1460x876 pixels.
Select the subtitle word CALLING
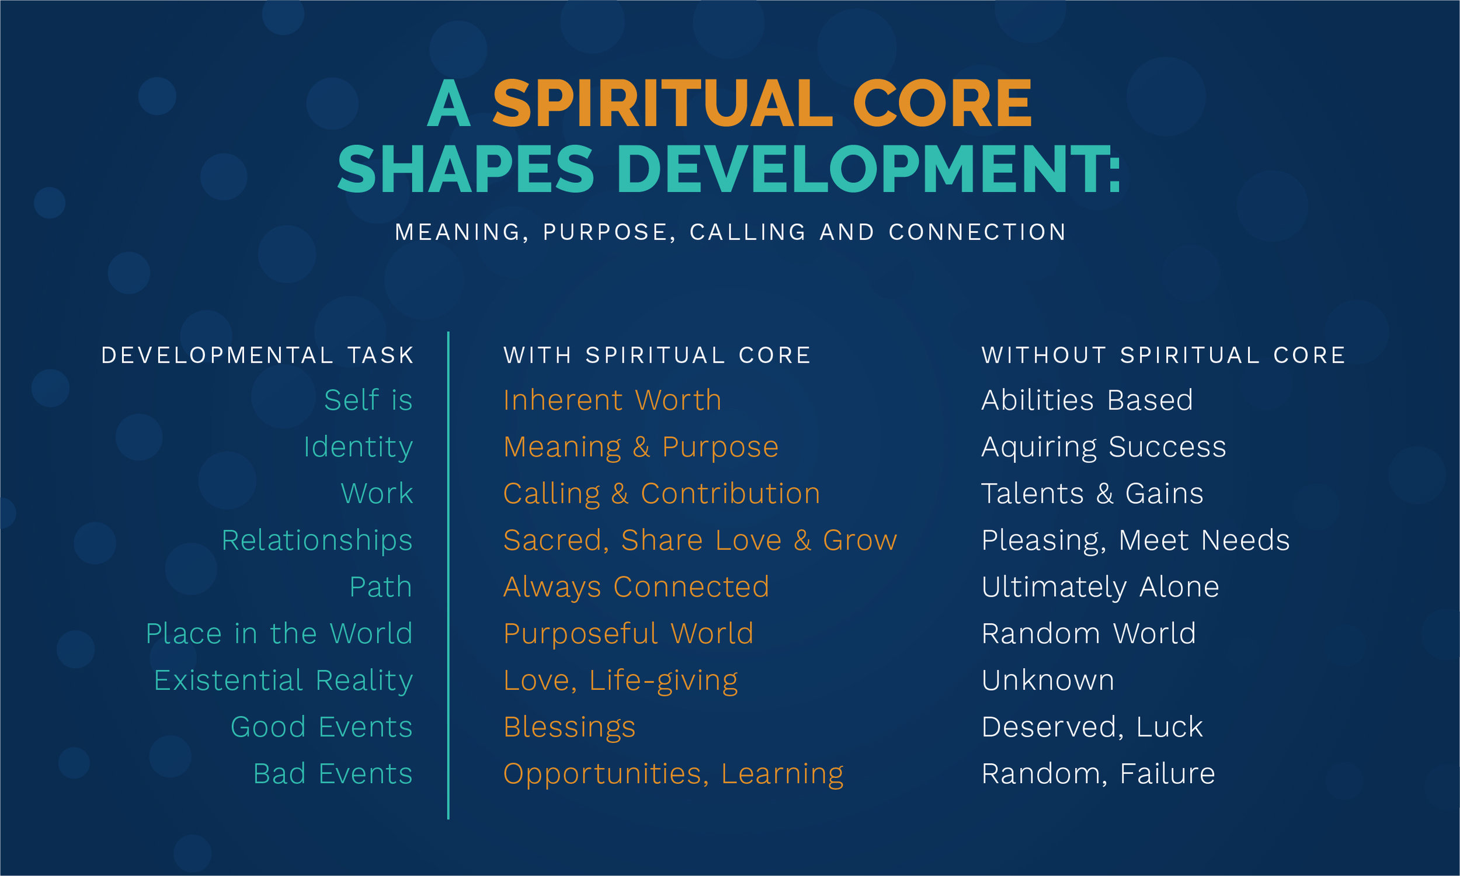pyautogui.click(x=748, y=232)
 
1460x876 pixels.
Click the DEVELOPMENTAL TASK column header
pyautogui.click(x=258, y=355)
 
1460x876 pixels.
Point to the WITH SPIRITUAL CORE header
pyautogui.click(x=658, y=355)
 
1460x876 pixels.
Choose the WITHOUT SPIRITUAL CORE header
pyautogui.click(x=1163, y=355)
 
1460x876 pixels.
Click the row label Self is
pyautogui.click(x=369, y=400)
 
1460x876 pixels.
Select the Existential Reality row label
pyautogui.click(x=283, y=681)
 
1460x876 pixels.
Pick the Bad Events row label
pyautogui.click(x=333, y=774)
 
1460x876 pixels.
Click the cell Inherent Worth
pyautogui.click(x=613, y=400)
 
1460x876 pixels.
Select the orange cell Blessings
pyautogui.click(x=569, y=728)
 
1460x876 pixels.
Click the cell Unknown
pyautogui.click(x=1048, y=680)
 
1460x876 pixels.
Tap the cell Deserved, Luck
pyautogui.click(x=1091, y=728)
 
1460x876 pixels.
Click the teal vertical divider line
pyautogui.click(x=449, y=576)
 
